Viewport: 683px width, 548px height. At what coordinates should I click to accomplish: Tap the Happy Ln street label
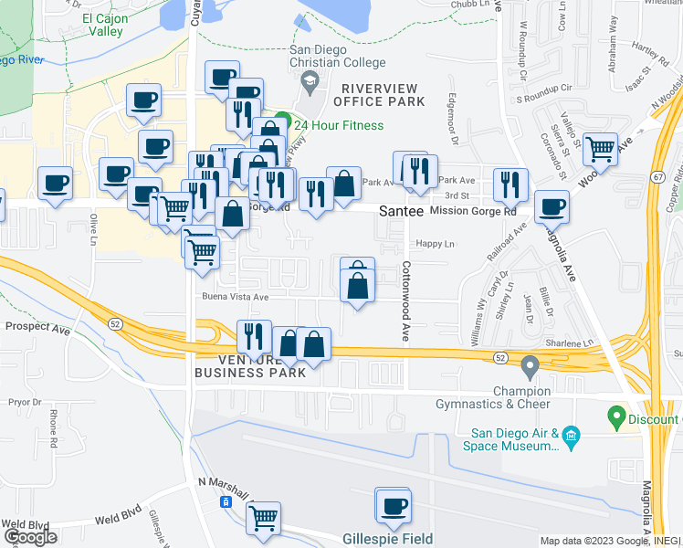pos(435,244)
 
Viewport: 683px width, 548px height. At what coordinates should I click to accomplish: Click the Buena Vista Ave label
pos(235,297)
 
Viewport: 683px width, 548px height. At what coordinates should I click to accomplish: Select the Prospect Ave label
pos(38,326)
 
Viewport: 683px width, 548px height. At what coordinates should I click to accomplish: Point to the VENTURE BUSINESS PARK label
pos(249,366)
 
